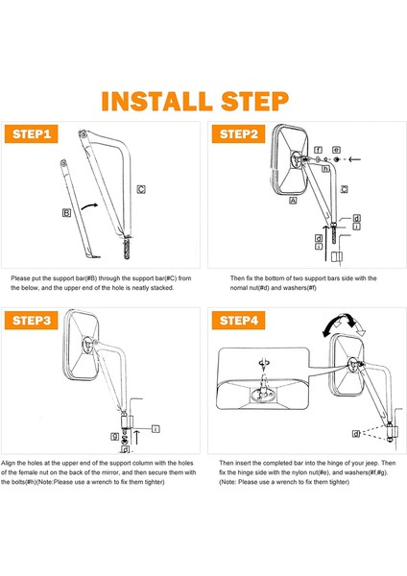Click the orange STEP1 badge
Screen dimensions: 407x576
[x=32, y=134]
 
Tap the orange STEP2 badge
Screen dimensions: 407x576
[x=238, y=134]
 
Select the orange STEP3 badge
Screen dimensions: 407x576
[x=32, y=321]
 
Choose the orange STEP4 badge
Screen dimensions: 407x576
[x=238, y=321]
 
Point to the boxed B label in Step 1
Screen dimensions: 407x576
[x=66, y=213]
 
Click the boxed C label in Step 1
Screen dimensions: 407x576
[x=141, y=189]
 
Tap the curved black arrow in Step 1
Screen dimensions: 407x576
[x=89, y=206]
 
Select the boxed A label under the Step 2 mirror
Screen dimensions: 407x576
[x=293, y=201]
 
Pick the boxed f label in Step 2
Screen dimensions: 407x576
[x=318, y=150]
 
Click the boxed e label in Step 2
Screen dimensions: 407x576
[x=336, y=150]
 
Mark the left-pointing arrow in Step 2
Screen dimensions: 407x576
[x=354, y=159]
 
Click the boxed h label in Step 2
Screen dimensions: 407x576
[x=325, y=169]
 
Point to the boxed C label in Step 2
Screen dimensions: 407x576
[x=345, y=189]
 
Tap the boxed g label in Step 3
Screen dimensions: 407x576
[x=114, y=436]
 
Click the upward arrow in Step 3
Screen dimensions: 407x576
[x=136, y=437]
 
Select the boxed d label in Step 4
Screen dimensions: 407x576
[x=356, y=434]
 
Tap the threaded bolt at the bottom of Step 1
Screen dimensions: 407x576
[x=127, y=248]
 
